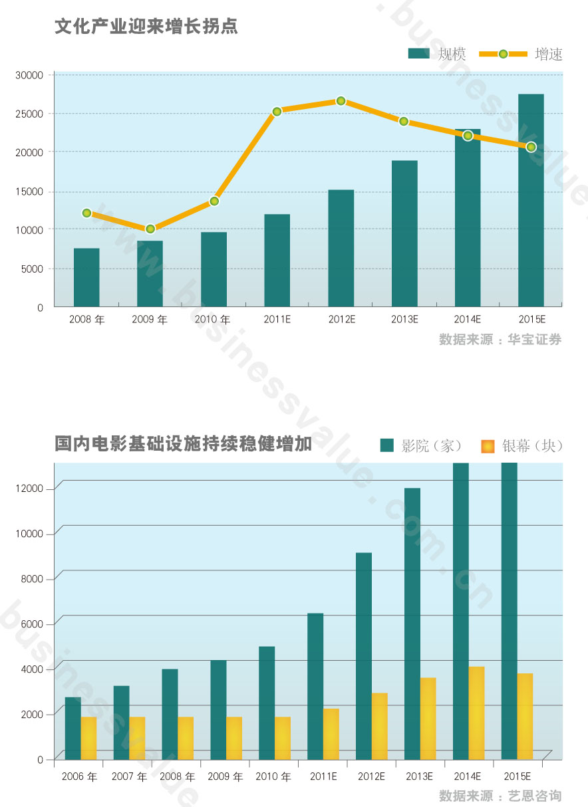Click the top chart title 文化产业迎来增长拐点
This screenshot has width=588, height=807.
tap(146, 27)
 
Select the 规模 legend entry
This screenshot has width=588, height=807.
tap(437, 55)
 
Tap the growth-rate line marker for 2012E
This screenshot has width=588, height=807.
tap(341, 101)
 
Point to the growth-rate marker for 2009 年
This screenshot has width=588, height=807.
tap(150, 229)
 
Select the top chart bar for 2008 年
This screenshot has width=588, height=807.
tap(86, 278)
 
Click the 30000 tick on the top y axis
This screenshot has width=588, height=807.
tap(29, 75)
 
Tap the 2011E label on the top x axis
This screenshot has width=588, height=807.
tap(277, 320)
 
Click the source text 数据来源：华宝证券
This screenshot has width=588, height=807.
tap(500, 340)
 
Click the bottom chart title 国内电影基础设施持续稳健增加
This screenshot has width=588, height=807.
tap(184, 444)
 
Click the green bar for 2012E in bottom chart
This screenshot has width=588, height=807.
tap(364, 656)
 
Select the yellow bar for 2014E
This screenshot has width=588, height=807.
tap(477, 713)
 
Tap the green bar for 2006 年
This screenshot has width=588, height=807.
tap(73, 728)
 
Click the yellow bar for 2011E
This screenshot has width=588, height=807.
tap(331, 734)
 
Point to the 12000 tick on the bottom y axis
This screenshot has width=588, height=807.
tap(29, 489)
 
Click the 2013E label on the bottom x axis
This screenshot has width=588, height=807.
tap(420, 776)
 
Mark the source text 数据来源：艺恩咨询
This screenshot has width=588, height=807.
tap(500, 796)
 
